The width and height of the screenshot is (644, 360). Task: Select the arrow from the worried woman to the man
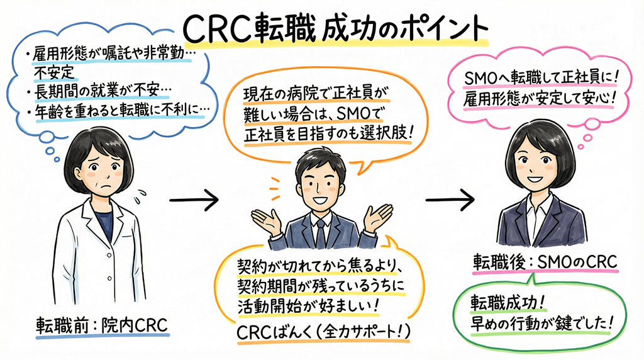pos(194,201)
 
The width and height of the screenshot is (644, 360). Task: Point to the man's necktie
pos(320,232)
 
